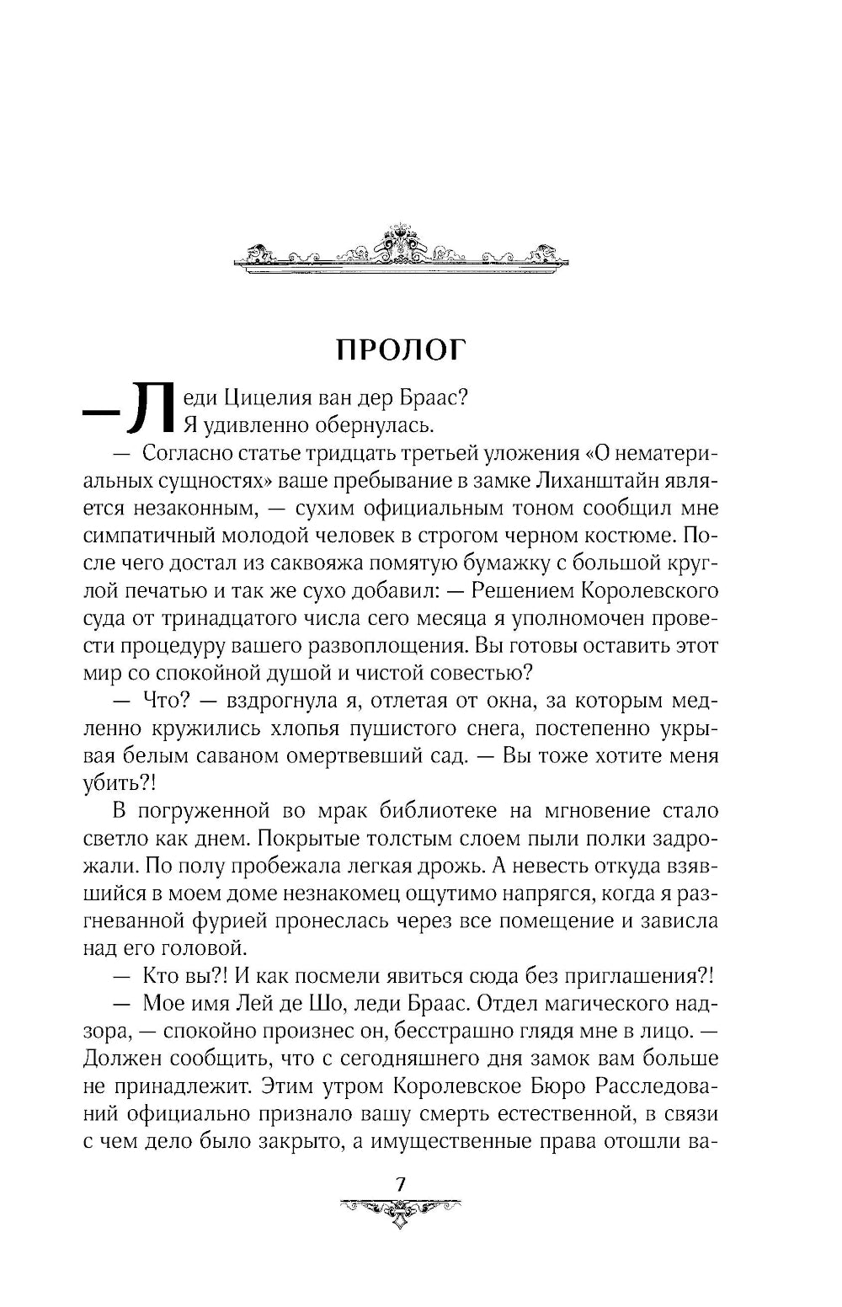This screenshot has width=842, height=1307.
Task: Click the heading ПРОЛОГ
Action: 400,349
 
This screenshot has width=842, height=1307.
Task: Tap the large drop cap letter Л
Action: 149,410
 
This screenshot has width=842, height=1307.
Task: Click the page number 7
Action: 401,1183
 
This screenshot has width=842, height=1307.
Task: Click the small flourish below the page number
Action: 401,1210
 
